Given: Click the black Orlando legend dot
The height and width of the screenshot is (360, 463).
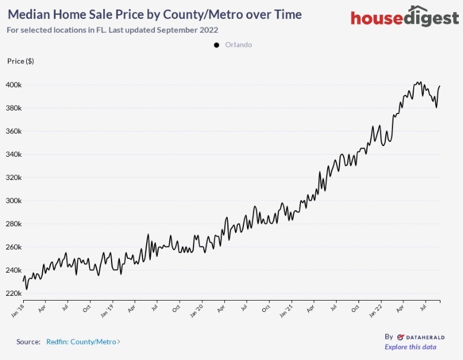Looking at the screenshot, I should (216, 45).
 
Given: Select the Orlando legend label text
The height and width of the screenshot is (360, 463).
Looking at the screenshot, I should (239, 45).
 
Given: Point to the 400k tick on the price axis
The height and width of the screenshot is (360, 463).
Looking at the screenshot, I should (14, 85).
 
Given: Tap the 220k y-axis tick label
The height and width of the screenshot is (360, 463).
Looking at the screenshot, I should (14, 293).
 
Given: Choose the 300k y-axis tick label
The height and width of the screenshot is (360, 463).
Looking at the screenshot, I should (14, 201).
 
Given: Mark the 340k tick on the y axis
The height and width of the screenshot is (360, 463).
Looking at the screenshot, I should (14, 154).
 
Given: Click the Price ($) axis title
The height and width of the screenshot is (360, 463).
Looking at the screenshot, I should (20, 61).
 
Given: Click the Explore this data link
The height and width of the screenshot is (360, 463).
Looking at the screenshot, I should (410, 347).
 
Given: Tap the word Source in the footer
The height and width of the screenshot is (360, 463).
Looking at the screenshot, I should (28, 342).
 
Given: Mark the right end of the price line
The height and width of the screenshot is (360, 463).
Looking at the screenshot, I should (440, 86).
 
